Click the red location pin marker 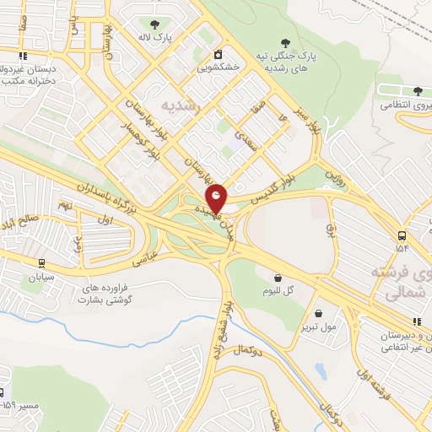click(217, 197)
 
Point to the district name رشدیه click(184, 106)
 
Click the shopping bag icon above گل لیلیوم click(278, 276)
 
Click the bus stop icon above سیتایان click(41, 262)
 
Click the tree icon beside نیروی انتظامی click(418, 91)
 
